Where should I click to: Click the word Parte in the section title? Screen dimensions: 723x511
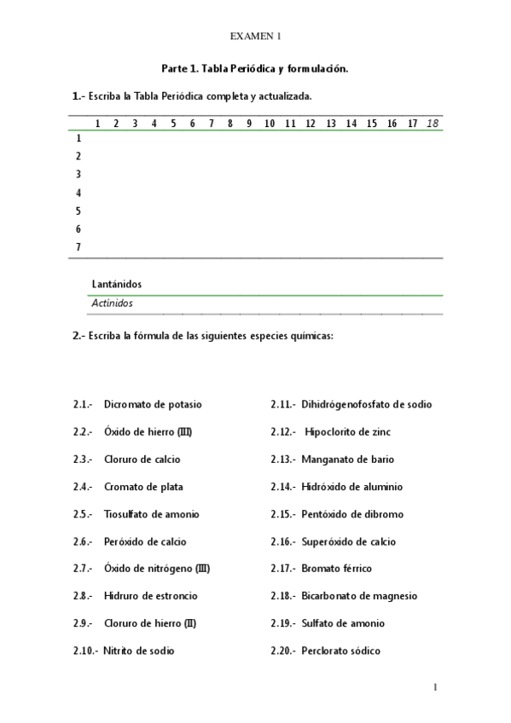click(x=175, y=68)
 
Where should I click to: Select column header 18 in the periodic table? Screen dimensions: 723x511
click(x=433, y=124)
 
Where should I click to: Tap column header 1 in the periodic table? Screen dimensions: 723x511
click(x=98, y=124)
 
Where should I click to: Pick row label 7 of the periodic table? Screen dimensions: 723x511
click(x=78, y=247)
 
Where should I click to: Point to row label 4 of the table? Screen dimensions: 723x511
click(x=78, y=193)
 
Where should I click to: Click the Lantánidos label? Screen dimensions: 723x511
click(x=116, y=284)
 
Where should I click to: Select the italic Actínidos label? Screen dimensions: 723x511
click(x=112, y=303)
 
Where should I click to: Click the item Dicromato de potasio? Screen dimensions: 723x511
click(x=153, y=404)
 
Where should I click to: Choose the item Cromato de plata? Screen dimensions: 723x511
click(x=143, y=487)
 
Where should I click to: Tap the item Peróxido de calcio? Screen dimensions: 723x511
click(x=145, y=541)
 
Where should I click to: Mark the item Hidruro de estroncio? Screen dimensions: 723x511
click(x=150, y=596)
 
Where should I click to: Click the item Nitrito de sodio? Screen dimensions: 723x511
click(x=139, y=651)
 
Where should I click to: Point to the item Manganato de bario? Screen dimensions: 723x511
click(x=347, y=460)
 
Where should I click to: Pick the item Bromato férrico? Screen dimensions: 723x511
click(x=336, y=569)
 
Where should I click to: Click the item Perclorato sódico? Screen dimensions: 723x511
click(x=340, y=651)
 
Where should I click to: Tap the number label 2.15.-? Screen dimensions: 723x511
click(x=283, y=514)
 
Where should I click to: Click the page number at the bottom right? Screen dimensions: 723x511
click(x=435, y=687)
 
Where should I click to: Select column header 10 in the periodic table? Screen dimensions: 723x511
click(x=269, y=124)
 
